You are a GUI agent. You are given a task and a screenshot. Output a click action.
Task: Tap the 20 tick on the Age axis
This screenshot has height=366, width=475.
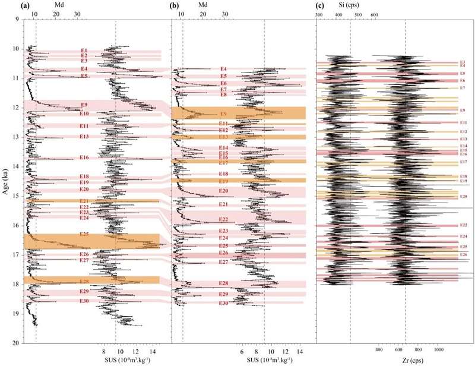(16, 343)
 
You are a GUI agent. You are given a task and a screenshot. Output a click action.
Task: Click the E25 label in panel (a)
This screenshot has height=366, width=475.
(84, 234)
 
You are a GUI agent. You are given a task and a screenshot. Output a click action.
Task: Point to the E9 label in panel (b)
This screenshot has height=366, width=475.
(224, 113)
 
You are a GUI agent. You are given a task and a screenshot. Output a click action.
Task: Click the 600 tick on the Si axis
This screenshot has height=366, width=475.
(375, 14)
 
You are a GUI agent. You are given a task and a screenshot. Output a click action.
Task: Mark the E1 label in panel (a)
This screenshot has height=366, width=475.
(84, 51)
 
